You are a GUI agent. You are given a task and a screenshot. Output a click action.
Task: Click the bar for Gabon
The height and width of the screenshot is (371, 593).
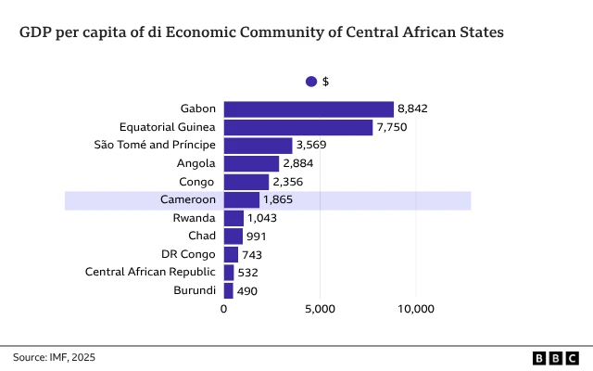[x=309, y=109]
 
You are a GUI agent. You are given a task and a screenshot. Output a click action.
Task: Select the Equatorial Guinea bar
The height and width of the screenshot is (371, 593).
[x=297, y=127]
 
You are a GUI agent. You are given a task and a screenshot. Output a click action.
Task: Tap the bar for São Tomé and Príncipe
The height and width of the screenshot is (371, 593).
[x=258, y=146]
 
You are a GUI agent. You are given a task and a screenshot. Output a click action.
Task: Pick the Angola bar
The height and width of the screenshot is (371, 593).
[x=251, y=163]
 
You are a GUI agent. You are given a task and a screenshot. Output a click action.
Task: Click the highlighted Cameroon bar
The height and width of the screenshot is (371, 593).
[x=242, y=200]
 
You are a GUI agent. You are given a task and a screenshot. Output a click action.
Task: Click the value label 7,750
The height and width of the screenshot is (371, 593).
[x=393, y=127]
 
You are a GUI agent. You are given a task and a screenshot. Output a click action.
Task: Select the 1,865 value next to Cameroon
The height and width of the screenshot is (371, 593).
[x=280, y=200]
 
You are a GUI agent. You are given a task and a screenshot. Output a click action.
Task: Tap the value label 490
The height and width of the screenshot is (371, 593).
[x=246, y=290]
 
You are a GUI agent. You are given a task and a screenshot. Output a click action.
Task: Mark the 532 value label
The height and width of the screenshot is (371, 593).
[x=247, y=273]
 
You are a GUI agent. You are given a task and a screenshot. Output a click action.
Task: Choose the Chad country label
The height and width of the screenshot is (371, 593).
[x=202, y=237]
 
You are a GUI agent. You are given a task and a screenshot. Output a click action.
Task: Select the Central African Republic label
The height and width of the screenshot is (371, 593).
[x=150, y=273]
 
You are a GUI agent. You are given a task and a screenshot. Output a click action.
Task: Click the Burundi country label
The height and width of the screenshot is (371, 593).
[x=194, y=290]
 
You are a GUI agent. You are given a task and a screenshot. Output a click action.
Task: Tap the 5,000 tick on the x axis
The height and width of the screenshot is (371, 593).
[x=320, y=309]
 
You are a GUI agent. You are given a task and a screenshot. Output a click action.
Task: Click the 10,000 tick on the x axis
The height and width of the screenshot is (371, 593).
[x=415, y=309]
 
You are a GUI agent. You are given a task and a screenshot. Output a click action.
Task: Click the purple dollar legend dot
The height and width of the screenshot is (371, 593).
[x=311, y=82]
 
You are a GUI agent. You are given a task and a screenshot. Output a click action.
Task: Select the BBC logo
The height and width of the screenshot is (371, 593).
[x=556, y=357]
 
